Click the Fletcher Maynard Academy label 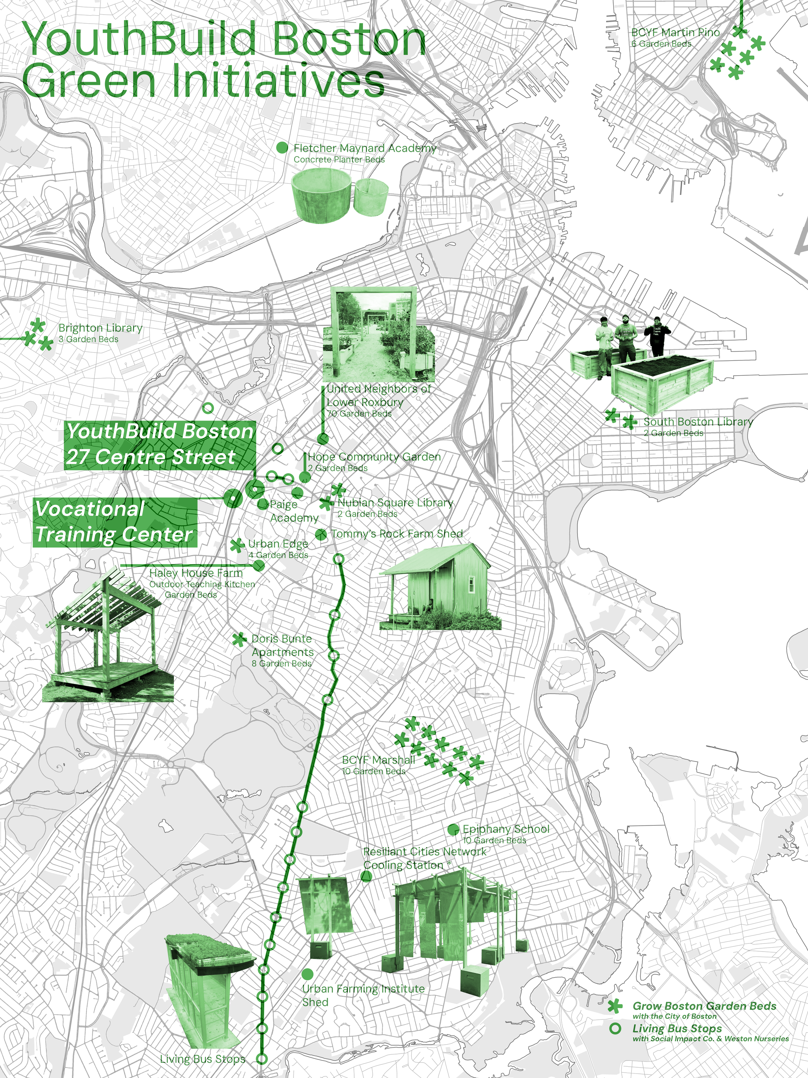[x=364, y=148]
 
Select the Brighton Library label [x=100, y=328]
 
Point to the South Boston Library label [x=698, y=422]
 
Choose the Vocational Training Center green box [x=115, y=522]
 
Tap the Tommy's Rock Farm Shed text [x=397, y=534]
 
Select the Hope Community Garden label [x=374, y=457]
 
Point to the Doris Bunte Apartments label [x=282, y=645]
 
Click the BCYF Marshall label [x=378, y=760]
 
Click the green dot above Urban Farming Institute [x=307, y=974]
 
